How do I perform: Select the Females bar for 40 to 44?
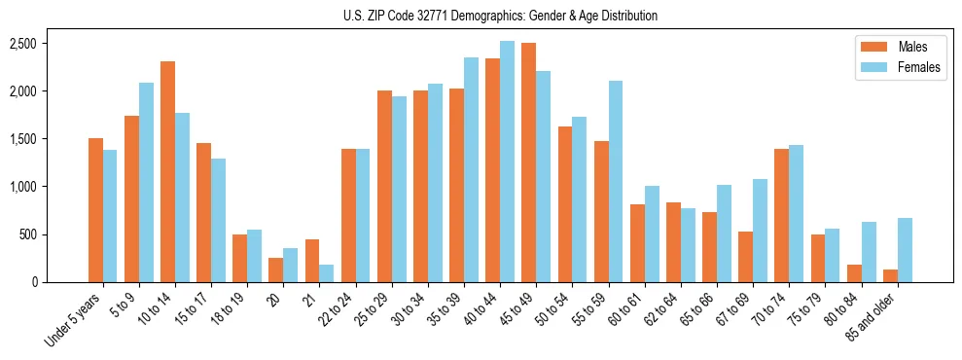click(508, 162)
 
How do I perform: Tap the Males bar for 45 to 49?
click(529, 162)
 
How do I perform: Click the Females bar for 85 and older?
click(905, 250)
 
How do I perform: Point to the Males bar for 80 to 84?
click(854, 273)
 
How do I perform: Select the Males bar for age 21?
click(312, 261)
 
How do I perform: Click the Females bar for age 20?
click(291, 266)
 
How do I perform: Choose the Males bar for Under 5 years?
click(95, 210)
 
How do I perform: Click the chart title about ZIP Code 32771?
click(500, 16)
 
